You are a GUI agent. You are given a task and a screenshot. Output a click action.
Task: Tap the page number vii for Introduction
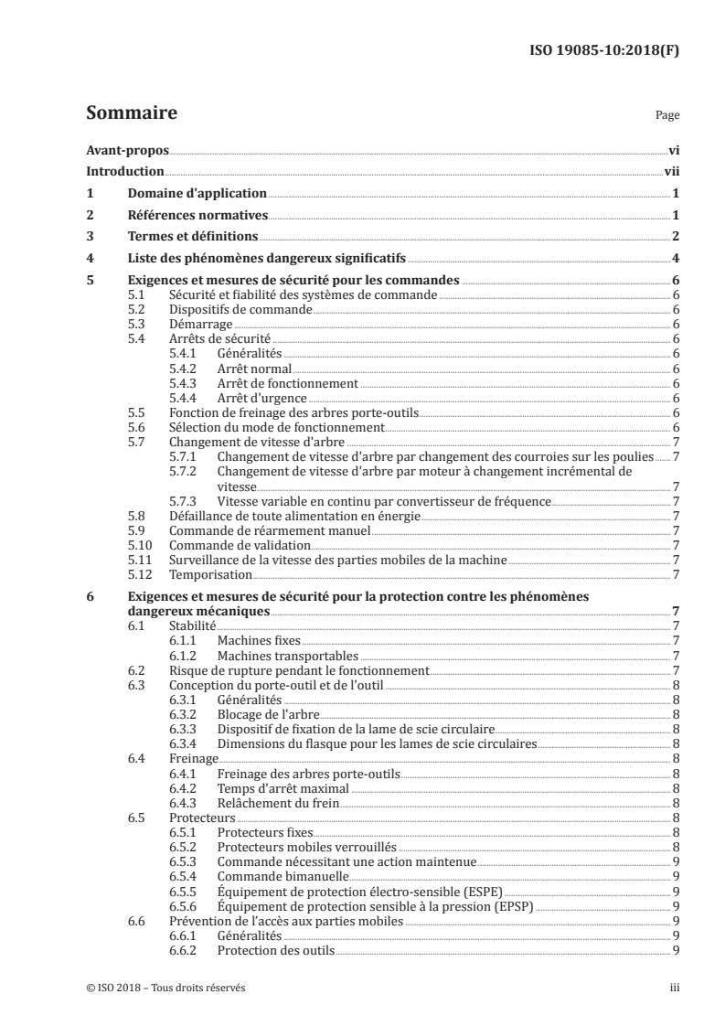(x=670, y=171)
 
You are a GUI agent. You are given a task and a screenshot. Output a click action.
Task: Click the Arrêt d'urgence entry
(x=261, y=398)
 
